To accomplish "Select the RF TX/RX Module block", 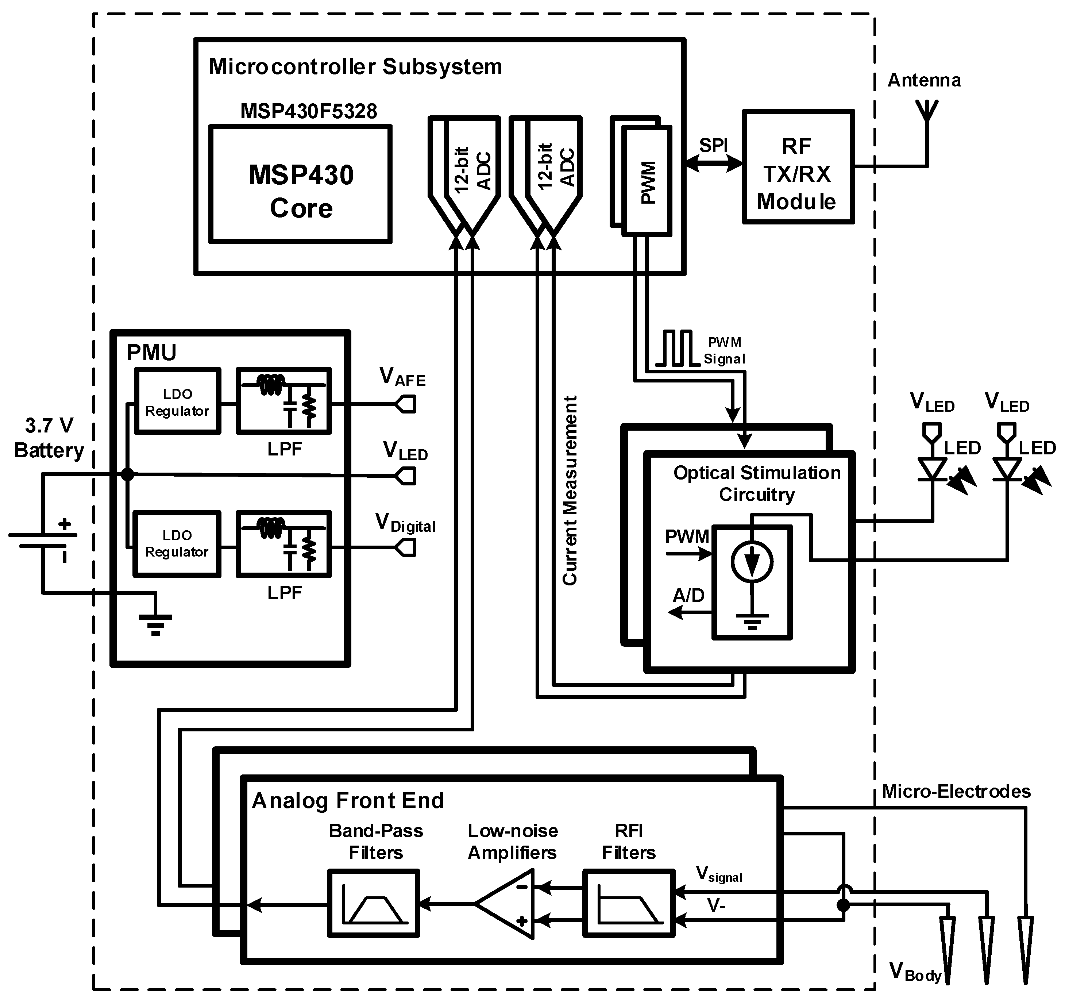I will (x=797, y=167).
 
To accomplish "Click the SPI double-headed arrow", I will (x=714, y=164).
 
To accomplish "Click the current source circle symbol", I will (x=752, y=562).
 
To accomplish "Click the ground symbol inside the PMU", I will (x=155, y=624).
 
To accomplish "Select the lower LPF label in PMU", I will (x=285, y=593).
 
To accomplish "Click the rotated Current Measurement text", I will (x=570, y=490).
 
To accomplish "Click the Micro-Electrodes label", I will (x=956, y=791).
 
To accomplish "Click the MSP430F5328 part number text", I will (x=309, y=111).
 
